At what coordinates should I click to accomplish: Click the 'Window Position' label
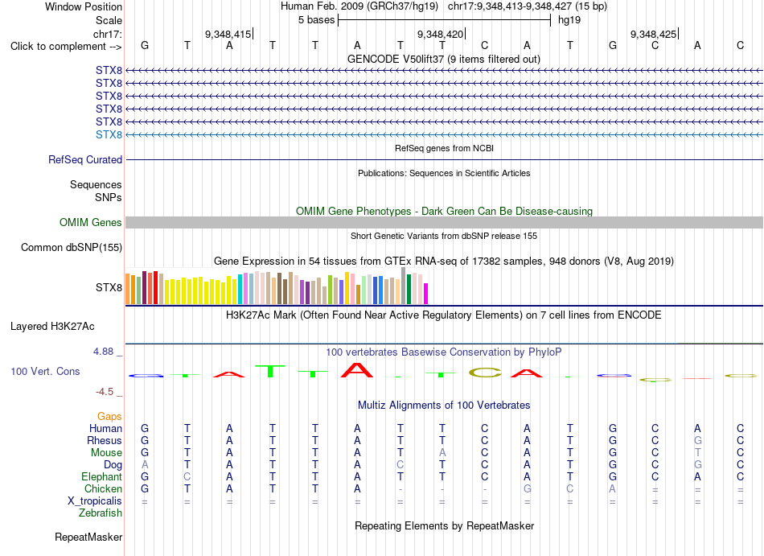84,6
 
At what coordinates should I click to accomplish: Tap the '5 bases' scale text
317,20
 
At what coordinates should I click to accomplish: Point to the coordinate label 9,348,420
440,34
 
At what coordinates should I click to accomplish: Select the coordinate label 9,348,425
653,34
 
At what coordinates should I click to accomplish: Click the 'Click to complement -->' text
66,47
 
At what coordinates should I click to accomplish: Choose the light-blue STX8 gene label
109,134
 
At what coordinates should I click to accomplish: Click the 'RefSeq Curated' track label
85,160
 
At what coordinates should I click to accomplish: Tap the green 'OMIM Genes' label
91,223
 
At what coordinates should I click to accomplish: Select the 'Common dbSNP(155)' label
72,248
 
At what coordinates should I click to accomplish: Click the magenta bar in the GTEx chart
425,294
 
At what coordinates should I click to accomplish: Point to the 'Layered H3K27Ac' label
52,327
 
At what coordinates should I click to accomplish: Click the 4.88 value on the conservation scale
103,352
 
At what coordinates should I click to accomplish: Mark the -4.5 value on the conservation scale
105,392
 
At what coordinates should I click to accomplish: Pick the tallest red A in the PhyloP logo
357,370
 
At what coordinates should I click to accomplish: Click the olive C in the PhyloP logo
485,373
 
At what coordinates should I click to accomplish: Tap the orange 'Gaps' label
109,417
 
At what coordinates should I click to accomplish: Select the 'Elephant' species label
102,477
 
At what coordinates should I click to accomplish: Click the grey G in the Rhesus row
698,440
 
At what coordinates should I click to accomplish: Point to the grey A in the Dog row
145,465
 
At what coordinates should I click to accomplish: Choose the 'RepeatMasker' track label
88,537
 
